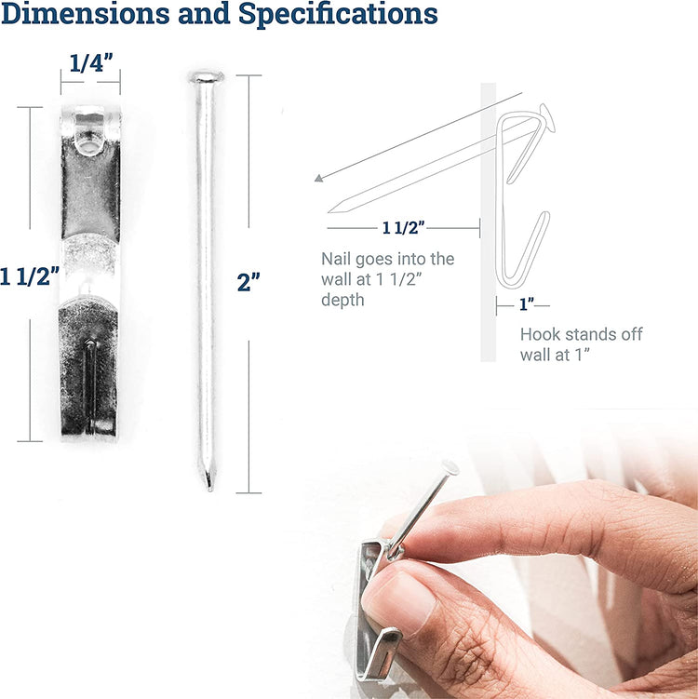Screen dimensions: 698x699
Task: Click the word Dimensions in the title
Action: tap(85, 13)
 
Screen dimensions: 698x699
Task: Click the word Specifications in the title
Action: tap(339, 14)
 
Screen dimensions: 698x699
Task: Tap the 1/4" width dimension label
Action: tap(91, 63)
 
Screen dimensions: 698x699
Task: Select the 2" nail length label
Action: tap(248, 282)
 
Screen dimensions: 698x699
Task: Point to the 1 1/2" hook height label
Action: tap(30, 276)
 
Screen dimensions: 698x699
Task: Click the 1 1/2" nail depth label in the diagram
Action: tap(403, 228)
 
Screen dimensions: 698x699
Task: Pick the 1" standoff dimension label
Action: tap(527, 305)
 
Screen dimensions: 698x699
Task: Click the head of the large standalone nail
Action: tap(207, 77)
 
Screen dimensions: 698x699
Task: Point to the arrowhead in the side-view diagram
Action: tap(318, 179)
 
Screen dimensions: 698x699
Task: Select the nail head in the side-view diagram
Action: tap(548, 116)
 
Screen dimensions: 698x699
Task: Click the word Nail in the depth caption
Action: tap(336, 259)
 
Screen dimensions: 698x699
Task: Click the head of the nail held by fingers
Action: tap(450, 467)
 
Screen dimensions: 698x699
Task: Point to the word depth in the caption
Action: tap(342, 300)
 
